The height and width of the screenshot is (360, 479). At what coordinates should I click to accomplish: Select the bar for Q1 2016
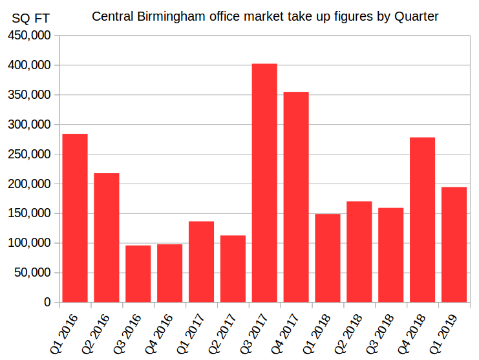[75, 218]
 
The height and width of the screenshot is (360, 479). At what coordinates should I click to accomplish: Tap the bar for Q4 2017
[296, 197]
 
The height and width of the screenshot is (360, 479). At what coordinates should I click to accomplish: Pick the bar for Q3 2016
[138, 273]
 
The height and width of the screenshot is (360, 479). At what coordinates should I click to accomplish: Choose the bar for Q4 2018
[422, 220]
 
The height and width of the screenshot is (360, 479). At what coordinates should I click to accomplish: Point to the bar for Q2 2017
[233, 268]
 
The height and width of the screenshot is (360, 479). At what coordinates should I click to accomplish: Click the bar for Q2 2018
[359, 251]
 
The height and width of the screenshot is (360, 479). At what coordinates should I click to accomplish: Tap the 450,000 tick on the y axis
[28, 36]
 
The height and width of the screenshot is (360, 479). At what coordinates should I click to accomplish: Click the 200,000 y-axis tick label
[28, 184]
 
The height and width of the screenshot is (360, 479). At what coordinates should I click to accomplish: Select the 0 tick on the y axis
[47, 302]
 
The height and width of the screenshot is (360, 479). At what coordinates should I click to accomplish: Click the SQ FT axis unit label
[30, 18]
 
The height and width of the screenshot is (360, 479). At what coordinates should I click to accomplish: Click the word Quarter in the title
[416, 16]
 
